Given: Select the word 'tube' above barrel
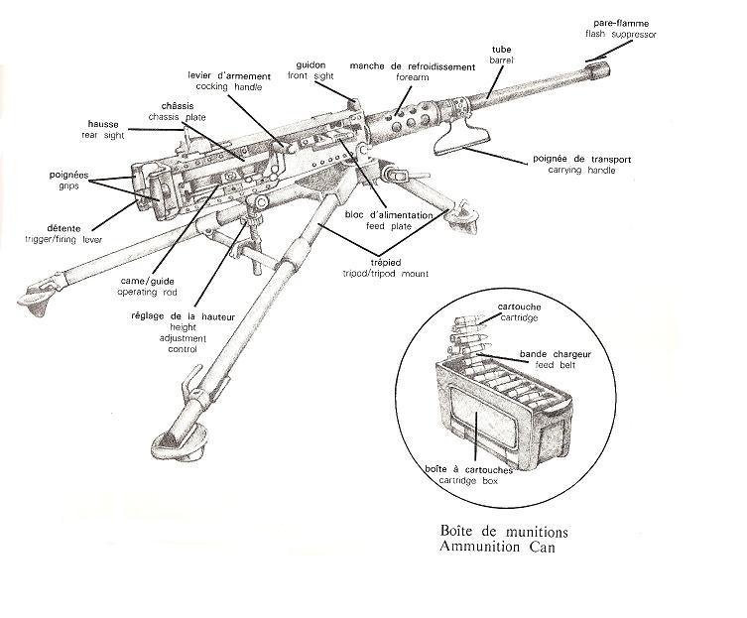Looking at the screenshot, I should pos(503,48).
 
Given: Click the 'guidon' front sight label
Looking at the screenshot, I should pos(311,64).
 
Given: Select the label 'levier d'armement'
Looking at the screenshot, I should pos(229,76).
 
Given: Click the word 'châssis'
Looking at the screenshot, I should pos(180,105).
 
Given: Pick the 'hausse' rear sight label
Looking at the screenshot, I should pos(104,124).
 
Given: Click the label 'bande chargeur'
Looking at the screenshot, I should pos(540,354).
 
